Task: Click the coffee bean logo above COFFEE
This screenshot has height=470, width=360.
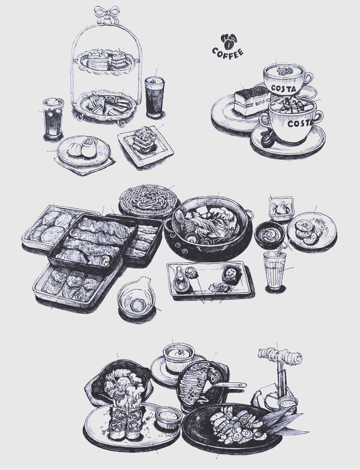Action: click(230, 41)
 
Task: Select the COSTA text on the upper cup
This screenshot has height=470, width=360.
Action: click(283, 88)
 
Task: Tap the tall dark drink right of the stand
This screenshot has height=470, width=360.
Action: click(155, 97)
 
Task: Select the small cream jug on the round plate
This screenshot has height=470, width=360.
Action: click(89, 147)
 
